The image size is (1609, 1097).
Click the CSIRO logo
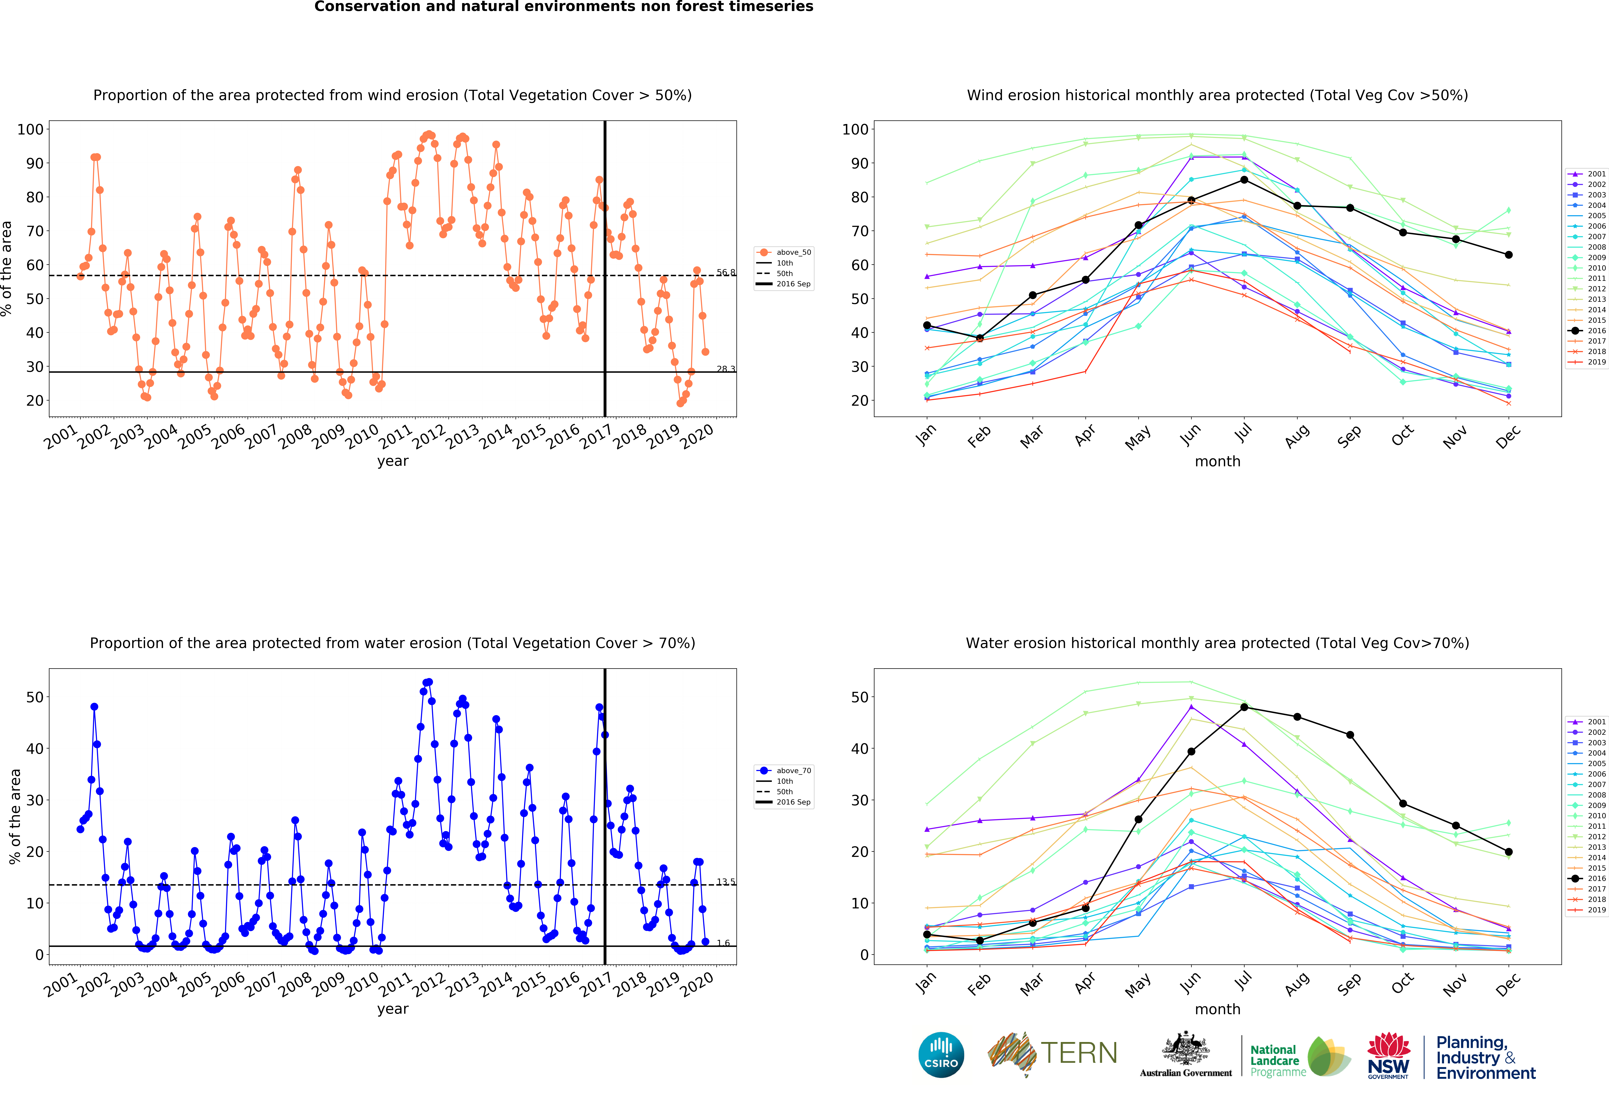[941, 1055]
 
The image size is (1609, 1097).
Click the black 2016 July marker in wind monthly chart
[1244, 180]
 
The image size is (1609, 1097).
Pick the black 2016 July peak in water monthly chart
[1244, 707]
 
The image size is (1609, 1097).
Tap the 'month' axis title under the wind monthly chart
[1217, 461]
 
